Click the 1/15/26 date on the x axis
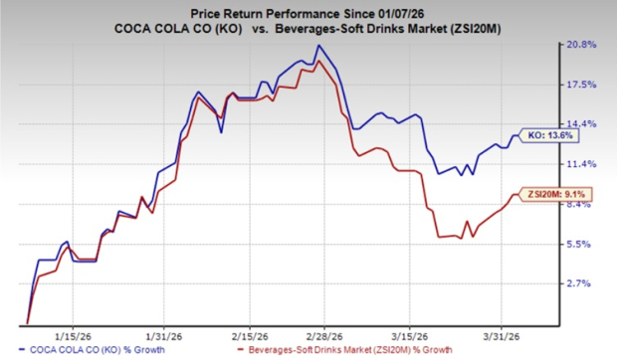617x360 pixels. (75, 334)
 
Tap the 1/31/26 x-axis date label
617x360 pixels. (163, 334)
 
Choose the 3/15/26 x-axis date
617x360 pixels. (412, 334)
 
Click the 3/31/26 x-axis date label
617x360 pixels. (502, 334)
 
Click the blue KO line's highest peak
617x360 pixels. (317, 46)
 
